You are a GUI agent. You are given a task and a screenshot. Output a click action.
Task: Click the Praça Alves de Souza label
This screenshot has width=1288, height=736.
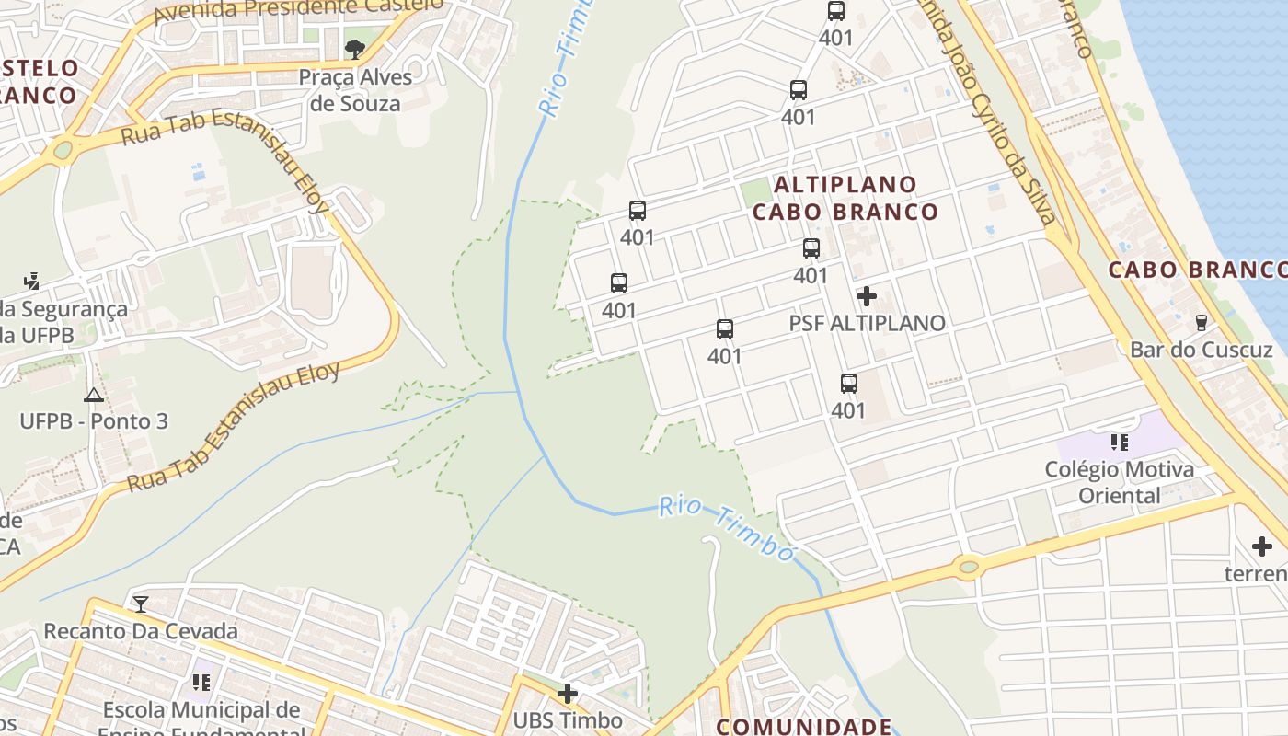tap(355, 90)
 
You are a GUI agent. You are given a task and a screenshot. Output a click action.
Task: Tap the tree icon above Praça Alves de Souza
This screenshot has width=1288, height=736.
tap(355, 49)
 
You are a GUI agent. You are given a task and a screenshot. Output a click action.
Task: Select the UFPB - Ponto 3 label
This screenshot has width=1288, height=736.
tap(94, 421)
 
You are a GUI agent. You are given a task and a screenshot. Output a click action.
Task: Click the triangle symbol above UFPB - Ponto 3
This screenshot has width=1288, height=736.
tap(93, 396)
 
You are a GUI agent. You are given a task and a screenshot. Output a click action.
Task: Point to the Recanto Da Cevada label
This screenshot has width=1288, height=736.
tap(141, 631)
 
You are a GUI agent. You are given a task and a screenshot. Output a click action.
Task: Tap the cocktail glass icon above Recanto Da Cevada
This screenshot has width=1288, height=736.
tap(140, 604)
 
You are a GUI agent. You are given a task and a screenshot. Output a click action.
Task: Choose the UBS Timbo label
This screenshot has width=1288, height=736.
tap(568, 720)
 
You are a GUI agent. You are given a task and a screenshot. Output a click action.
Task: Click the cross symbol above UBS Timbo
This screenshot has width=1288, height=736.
tap(568, 694)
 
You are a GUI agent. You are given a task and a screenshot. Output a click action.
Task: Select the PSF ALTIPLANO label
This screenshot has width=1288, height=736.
tap(867, 323)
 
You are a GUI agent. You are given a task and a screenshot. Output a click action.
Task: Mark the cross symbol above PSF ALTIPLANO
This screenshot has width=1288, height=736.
tap(867, 296)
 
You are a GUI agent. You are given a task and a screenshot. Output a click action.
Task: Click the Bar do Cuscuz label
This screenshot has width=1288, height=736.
tap(1201, 350)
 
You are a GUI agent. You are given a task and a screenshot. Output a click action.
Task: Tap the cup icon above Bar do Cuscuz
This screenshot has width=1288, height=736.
tap(1201, 322)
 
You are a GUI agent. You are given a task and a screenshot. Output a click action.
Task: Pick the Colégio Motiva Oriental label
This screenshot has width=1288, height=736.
tap(1119, 482)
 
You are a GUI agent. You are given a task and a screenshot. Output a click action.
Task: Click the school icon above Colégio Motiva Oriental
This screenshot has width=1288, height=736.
tap(1119, 443)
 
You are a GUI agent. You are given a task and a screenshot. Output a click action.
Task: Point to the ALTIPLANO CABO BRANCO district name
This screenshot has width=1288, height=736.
tap(845, 198)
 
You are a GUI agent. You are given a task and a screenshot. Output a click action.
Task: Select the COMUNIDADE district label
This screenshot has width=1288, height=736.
tap(804, 726)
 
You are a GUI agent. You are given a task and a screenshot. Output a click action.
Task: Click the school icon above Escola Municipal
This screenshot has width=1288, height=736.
tap(201, 683)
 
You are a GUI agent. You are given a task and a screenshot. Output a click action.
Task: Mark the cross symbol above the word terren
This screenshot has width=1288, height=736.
tap(1262, 546)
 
